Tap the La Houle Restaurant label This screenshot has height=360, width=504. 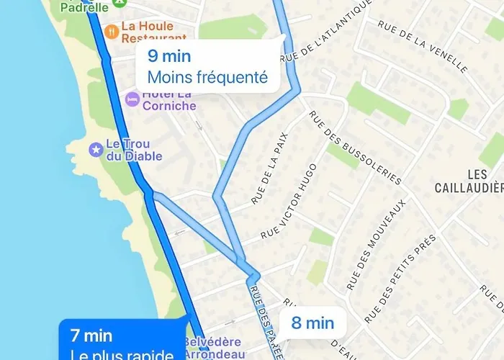tap(153, 32)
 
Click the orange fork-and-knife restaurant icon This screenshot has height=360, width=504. tap(112, 32)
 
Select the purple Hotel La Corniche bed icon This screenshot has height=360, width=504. tap(132, 99)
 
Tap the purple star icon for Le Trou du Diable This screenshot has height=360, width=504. tap(95, 149)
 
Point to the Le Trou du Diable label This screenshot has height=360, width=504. tap(134, 150)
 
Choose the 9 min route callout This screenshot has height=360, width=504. tap(208, 66)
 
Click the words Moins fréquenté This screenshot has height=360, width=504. tap(207, 77)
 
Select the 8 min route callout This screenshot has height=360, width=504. tap(312, 323)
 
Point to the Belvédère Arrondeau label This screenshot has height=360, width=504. tap(217, 348)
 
